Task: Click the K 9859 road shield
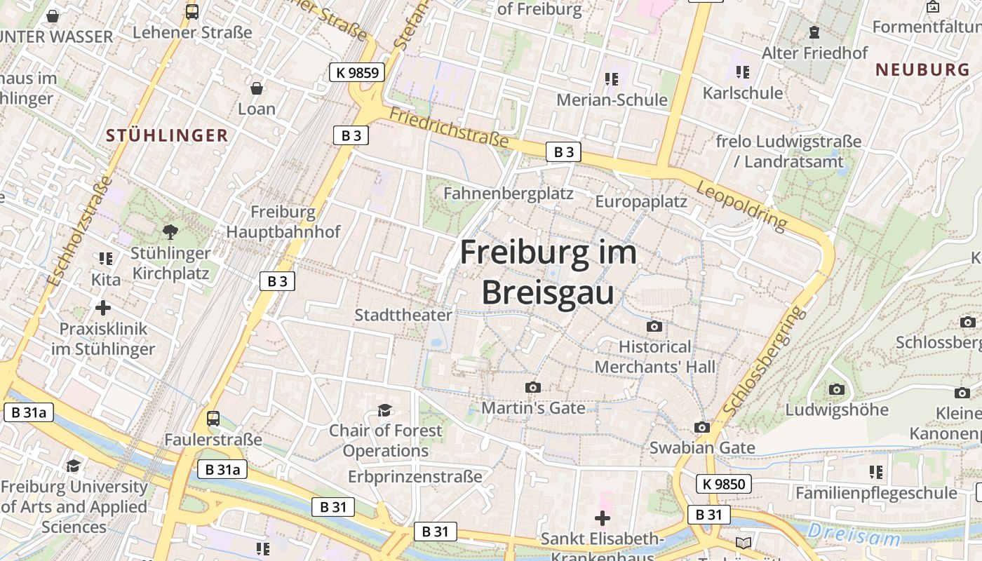pyautogui.click(x=357, y=72)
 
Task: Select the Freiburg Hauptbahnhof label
pyautogui.click(x=283, y=222)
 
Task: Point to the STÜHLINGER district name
pyautogui.click(x=168, y=135)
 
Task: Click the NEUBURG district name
pyautogui.click(x=922, y=69)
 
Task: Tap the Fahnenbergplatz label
pyautogui.click(x=509, y=193)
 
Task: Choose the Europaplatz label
pyautogui.click(x=641, y=202)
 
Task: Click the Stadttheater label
pyautogui.click(x=403, y=315)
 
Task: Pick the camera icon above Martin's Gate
pyautogui.click(x=533, y=387)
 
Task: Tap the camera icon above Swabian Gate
pyautogui.click(x=702, y=427)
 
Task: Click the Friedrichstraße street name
pyautogui.click(x=449, y=127)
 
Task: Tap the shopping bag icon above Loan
pyautogui.click(x=257, y=88)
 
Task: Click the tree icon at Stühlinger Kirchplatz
pyautogui.click(x=170, y=231)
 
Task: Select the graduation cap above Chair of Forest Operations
pyautogui.click(x=384, y=410)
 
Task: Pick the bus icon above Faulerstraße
pyautogui.click(x=213, y=419)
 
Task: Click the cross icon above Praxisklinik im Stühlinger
pyautogui.click(x=103, y=307)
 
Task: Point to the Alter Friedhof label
pyautogui.click(x=814, y=53)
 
